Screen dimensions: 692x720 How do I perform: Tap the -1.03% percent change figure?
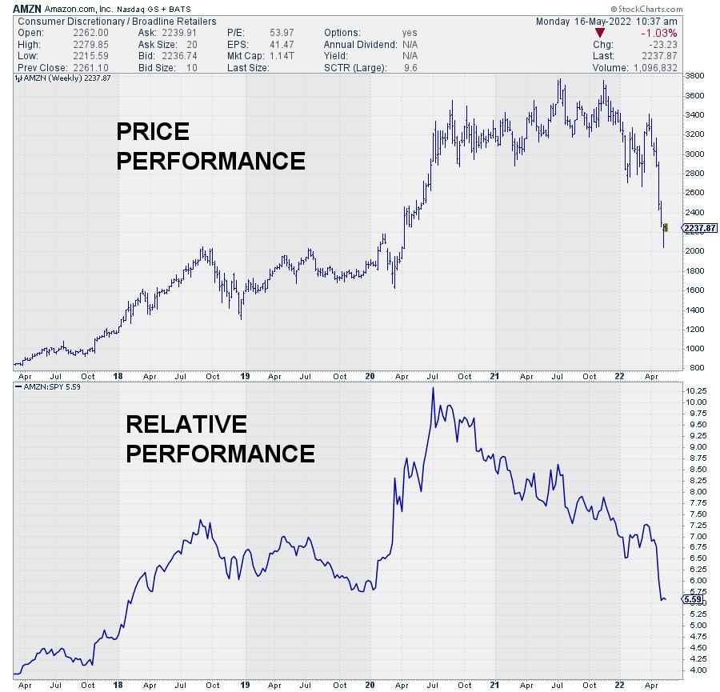click(659, 33)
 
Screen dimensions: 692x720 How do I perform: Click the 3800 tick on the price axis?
click(694, 76)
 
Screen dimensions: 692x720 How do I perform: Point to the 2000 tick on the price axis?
click(694, 251)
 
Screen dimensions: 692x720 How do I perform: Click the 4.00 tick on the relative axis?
click(694, 670)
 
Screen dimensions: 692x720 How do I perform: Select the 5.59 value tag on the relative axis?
click(694, 598)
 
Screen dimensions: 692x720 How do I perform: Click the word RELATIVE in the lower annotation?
click(186, 424)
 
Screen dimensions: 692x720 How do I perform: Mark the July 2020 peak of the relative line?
click(433, 389)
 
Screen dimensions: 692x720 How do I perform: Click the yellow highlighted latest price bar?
click(666, 228)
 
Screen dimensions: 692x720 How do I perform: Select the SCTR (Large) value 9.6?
click(410, 68)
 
